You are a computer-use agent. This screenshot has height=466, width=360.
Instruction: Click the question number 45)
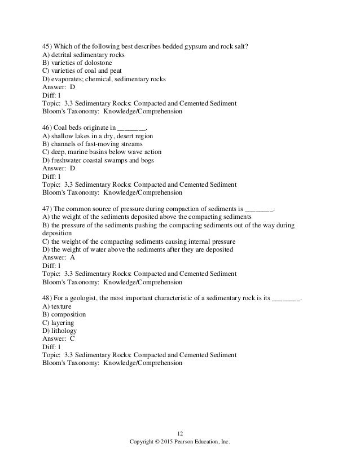point(48,46)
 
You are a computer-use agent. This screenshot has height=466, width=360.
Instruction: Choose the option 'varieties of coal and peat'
point(84,71)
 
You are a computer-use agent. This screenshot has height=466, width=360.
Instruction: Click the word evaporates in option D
point(66,80)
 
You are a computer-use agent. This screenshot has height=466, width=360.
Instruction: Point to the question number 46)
point(48,128)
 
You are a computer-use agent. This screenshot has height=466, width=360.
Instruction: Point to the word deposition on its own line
point(57,234)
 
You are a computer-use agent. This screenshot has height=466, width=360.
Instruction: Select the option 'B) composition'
point(64,315)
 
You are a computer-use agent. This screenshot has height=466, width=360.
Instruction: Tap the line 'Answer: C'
point(59,339)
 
